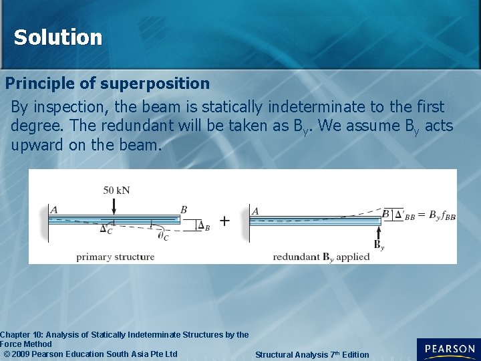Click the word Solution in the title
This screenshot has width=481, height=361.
58,37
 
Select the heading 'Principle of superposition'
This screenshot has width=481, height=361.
108,84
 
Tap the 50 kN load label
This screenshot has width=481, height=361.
116,190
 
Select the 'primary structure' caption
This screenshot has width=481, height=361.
115,257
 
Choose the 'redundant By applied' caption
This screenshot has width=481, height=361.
321,257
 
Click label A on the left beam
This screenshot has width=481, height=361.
54,209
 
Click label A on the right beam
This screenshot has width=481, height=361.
255,211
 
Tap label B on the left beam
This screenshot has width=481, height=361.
184,209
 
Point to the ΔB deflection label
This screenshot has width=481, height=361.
204,226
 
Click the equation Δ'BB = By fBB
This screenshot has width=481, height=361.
424,215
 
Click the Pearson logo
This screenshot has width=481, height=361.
448,350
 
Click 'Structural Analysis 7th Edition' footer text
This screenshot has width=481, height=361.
311,354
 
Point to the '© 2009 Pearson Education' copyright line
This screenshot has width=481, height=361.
91,354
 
